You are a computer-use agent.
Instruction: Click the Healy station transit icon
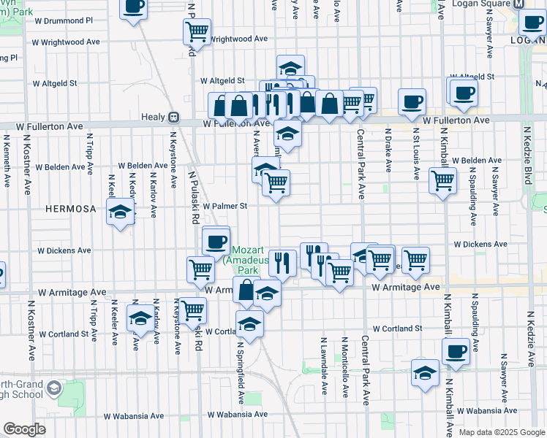[x=174, y=117]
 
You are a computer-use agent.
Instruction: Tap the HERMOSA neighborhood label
[x=71, y=209]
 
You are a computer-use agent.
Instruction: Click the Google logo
[x=25, y=429]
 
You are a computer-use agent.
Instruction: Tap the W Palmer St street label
[x=225, y=206]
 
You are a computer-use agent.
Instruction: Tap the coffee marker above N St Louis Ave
[x=412, y=101]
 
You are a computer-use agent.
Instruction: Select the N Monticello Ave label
[x=344, y=368]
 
